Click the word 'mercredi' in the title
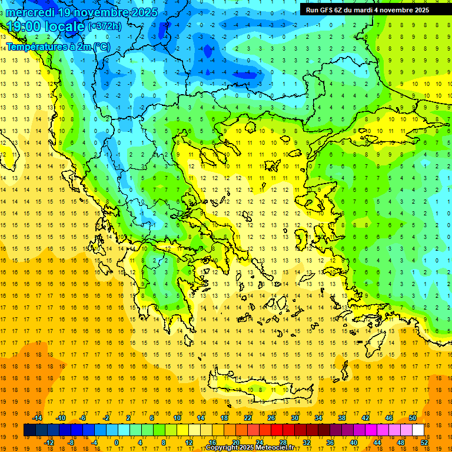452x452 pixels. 29,12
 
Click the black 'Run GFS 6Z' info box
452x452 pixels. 367,10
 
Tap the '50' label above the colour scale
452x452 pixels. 413,418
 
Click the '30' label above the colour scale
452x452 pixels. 295,418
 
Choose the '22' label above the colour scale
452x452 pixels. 248,418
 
